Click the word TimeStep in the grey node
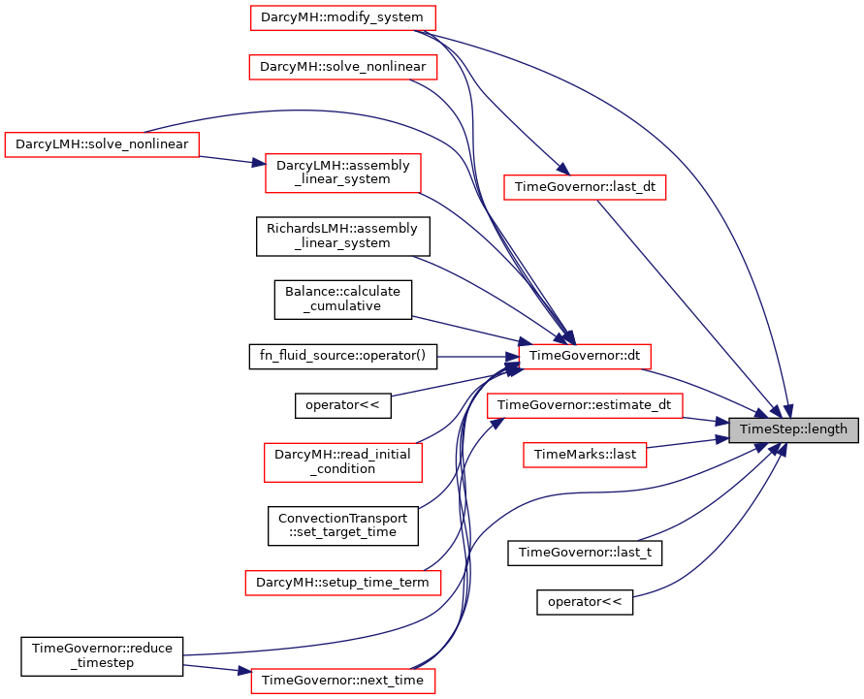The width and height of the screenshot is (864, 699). pos(767,429)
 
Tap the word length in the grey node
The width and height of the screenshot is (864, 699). pos(824,429)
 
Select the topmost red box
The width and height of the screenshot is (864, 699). pos(342,17)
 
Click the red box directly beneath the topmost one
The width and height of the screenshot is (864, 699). pos(342,67)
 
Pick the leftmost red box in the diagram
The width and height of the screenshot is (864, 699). pos(101,144)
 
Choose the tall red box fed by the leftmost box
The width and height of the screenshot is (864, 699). pos(342,174)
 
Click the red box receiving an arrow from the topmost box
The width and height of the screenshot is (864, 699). pos(585,187)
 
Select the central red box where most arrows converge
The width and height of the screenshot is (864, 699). pos(584,357)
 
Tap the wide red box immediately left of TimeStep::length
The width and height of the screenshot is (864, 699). pos(585,405)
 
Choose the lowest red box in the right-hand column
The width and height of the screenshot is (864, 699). pos(585,455)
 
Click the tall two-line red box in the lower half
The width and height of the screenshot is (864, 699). pos(342,461)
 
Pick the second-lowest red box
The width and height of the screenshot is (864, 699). pos(342,583)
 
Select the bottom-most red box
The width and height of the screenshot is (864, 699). pos(342,681)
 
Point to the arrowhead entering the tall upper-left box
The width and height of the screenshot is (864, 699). pos(259,164)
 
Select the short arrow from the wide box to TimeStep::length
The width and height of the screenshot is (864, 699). pos(703,421)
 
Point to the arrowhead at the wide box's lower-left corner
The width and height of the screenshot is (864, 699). pos(496,424)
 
